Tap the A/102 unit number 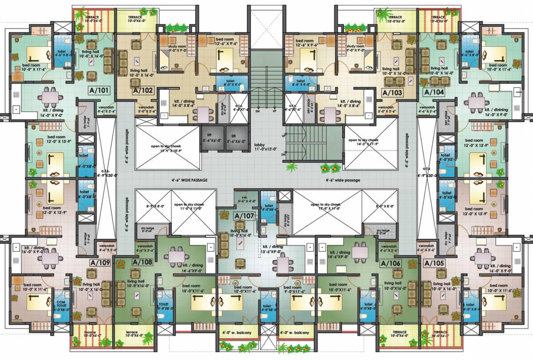143,91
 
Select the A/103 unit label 392,92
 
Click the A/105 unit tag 433,263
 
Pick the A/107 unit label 243,216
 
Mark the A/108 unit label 142,262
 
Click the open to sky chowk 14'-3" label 363,142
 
